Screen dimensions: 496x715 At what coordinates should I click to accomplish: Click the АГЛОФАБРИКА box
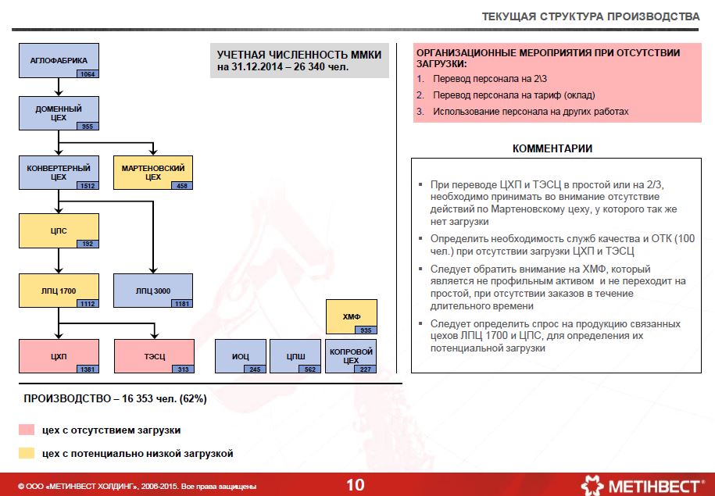click(59, 60)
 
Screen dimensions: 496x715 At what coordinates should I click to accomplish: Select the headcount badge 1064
click(87, 74)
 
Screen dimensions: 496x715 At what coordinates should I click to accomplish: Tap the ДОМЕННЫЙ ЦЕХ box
click(59, 112)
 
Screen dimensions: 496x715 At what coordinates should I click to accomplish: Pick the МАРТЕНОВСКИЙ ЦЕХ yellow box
click(153, 172)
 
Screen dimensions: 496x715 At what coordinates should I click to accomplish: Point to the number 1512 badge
click(87, 186)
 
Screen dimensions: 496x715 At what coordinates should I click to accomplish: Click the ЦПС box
click(59, 230)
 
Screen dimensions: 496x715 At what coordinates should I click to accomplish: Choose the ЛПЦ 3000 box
click(153, 290)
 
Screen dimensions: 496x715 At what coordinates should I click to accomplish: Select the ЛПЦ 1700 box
click(59, 290)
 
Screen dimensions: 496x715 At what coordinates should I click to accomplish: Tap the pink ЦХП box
click(59, 355)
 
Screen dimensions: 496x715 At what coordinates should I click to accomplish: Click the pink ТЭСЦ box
click(153, 355)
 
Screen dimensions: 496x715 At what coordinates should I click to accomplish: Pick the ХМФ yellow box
click(351, 316)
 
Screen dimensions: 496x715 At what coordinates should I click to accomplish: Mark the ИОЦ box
click(240, 355)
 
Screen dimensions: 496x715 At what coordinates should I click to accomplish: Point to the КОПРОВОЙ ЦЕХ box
click(351, 355)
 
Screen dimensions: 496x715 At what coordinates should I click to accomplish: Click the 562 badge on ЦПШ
click(309, 369)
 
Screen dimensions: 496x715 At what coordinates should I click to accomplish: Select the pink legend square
click(27, 430)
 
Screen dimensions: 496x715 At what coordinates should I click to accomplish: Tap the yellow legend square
click(27, 453)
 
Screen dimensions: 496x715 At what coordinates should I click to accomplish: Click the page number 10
click(355, 485)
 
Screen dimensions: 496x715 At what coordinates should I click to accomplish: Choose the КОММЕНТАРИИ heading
click(552, 148)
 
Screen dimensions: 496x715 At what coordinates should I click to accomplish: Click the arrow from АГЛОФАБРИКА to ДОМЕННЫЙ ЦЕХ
click(59, 86)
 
